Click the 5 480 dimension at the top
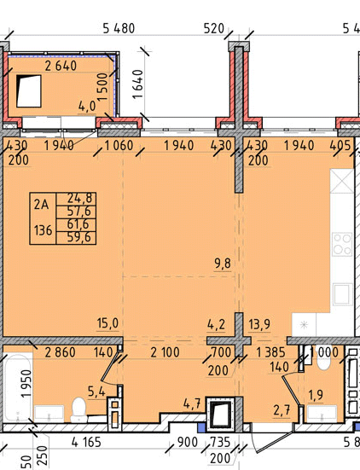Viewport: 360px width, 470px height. coord(119,28)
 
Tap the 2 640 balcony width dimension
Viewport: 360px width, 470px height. coord(61,66)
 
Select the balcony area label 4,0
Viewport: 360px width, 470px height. coord(87,107)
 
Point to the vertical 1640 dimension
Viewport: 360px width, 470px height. coord(138,84)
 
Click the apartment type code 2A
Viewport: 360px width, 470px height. coord(41,205)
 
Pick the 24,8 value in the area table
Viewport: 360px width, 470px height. coord(79,198)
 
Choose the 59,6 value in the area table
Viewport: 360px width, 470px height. coord(79,237)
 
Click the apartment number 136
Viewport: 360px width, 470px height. coord(44,231)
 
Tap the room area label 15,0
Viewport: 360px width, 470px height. coord(107,323)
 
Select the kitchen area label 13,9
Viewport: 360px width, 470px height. coord(259,324)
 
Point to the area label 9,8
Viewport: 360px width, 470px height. coord(223,264)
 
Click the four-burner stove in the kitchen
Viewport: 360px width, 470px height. coord(342,244)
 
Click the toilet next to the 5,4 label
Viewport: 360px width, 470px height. coord(79,409)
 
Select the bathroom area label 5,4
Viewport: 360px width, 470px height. coord(96,391)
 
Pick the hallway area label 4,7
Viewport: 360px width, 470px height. coord(192,404)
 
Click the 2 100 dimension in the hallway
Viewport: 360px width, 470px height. coord(165,352)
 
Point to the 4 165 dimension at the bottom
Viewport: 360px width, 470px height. coord(86,442)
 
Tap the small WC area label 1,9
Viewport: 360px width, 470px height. coord(316,395)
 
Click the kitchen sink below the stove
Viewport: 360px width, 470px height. coord(342,294)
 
